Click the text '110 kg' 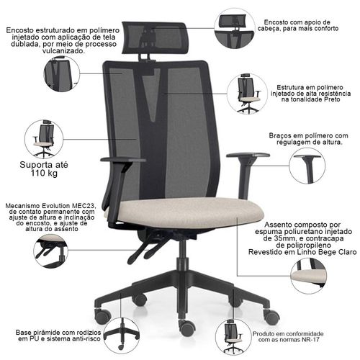(x=44, y=173)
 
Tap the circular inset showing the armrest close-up (x=307, y=166)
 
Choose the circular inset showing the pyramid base (x=122, y=336)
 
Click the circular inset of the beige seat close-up (x=308, y=276)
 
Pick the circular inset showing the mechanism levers (x=50, y=251)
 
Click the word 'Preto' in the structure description (x=332, y=99)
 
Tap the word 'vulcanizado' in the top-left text (x=63, y=51)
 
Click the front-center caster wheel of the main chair (x=186, y=328)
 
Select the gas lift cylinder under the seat (x=183, y=254)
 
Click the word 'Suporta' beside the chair (x=34, y=165)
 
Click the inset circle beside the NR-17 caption (x=233, y=336)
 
